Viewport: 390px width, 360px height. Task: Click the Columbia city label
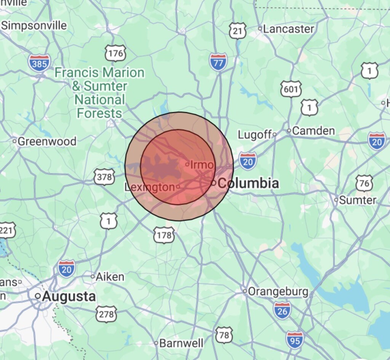tap(248, 183)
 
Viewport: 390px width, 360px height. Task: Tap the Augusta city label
tap(69, 296)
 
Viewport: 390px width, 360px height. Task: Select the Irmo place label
tap(202, 165)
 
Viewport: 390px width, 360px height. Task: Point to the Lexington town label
tap(149, 187)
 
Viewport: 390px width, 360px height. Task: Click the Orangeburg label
tap(278, 292)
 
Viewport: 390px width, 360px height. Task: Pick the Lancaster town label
tap(289, 29)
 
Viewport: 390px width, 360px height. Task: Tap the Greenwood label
tap(47, 141)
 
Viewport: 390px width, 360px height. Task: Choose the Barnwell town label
tap(181, 343)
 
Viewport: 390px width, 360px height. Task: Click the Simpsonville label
tap(34, 26)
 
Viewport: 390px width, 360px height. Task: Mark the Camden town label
tap(313, 131)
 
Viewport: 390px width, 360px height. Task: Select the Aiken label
tap(110, 277)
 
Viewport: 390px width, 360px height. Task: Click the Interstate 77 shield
tap(218, 62)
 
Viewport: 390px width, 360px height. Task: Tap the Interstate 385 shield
tap(39, 63)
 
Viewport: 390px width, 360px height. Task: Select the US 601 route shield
tap(291, 89)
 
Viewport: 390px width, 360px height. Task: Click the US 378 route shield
tap(104, 177)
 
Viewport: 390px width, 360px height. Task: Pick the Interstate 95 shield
tap(295, 340)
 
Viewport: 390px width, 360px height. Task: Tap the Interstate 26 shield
tap(282, 310)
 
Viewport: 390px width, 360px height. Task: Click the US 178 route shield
tap(164, 235)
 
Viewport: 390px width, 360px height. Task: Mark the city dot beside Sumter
tap(336, 200)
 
